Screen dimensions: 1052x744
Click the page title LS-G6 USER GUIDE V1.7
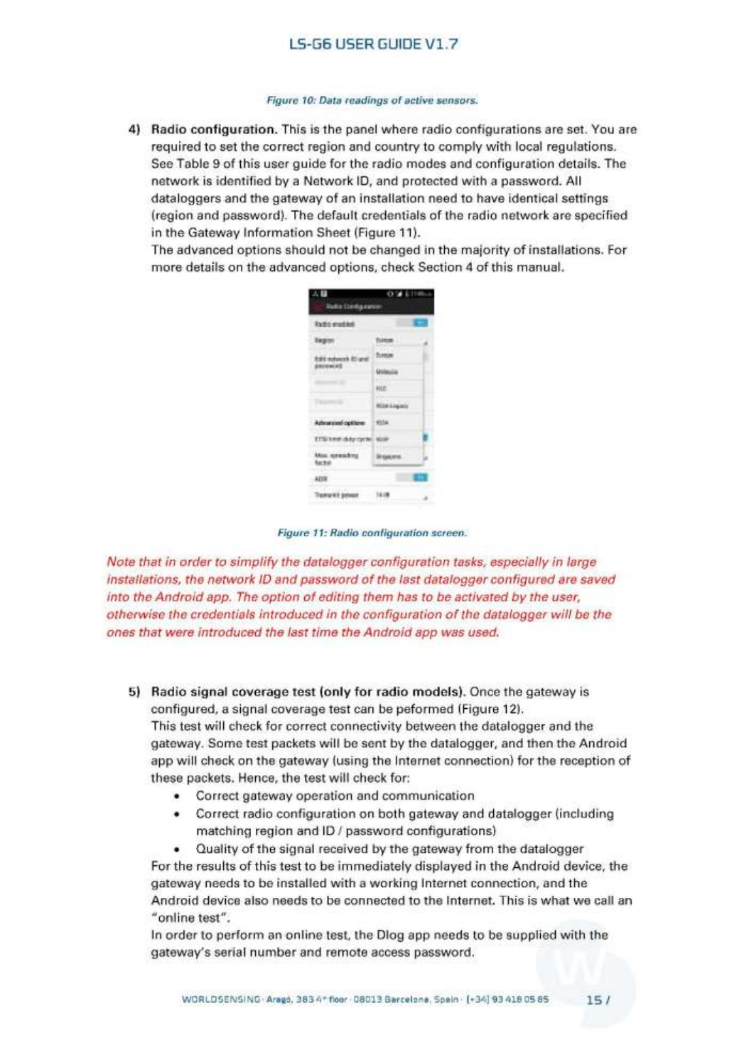[373, 44]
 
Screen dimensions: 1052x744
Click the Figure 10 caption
[372, 100]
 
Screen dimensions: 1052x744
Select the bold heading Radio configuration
[214, 129]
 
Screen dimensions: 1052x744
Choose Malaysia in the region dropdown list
[387, 372]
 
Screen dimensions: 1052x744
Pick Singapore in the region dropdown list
[389, 457]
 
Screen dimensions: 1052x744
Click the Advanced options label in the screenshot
[340, 423]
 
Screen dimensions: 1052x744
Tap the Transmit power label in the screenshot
[336, 494]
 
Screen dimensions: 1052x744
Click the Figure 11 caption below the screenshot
[372, 533]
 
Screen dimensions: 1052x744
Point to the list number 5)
[134, 692]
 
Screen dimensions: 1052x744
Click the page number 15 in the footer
[594, 1000]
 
